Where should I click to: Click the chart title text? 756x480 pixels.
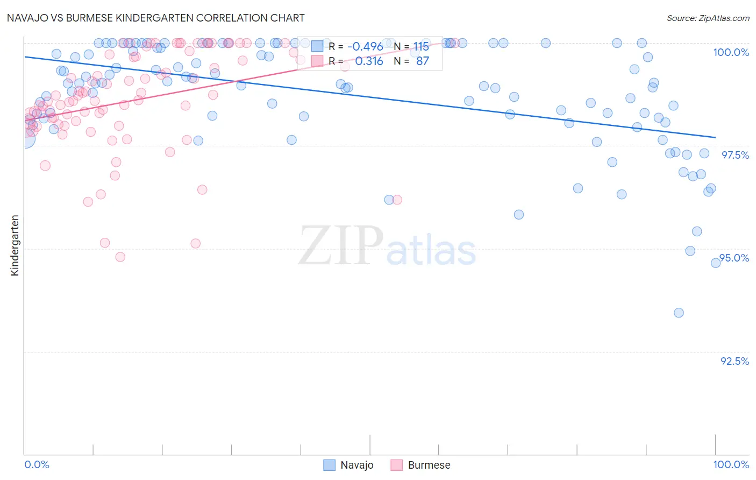tap(156, 18)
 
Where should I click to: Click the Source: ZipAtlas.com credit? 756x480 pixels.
tap(708, 18)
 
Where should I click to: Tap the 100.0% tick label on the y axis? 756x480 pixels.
tap(731, 52)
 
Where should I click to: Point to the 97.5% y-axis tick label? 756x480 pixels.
tap(735, 155)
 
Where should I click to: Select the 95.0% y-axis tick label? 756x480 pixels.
tap(734, 258)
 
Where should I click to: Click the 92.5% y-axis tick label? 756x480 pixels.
tap(734, 361)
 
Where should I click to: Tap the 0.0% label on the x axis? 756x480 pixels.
tap(37, 464)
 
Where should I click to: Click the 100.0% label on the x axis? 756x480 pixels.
tap(731, 464)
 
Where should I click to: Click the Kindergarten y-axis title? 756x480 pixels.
tap(15, 245)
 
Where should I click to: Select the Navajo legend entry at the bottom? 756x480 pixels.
tap(348, 465)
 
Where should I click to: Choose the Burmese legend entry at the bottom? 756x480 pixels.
tap(420, 465)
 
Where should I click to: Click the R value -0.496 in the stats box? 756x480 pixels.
tap(365, 47)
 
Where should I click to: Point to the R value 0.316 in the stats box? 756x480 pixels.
tap(369, 61)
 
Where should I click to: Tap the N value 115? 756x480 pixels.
tap(421, 47)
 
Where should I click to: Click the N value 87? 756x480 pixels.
tap(423, 61)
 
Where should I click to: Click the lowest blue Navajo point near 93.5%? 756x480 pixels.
tap(679, 313)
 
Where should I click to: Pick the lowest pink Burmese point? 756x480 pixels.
tap(120, 257)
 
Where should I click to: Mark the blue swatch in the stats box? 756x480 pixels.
tap(317, 47)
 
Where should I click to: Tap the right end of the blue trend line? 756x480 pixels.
tap(715, 137)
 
